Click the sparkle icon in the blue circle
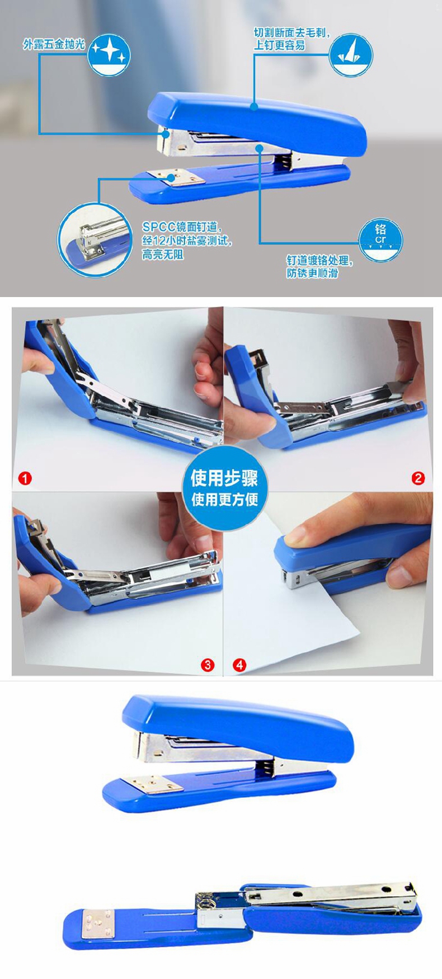pos(110,54)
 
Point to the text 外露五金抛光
pos(54,44)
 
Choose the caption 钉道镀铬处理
pos(319,261)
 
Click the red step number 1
pos(25,478)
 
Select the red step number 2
pos(418,478)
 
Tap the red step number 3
pos(208,665)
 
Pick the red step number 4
pos(239,665)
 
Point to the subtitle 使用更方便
pos(225,499)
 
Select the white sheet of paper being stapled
pos(313,610)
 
